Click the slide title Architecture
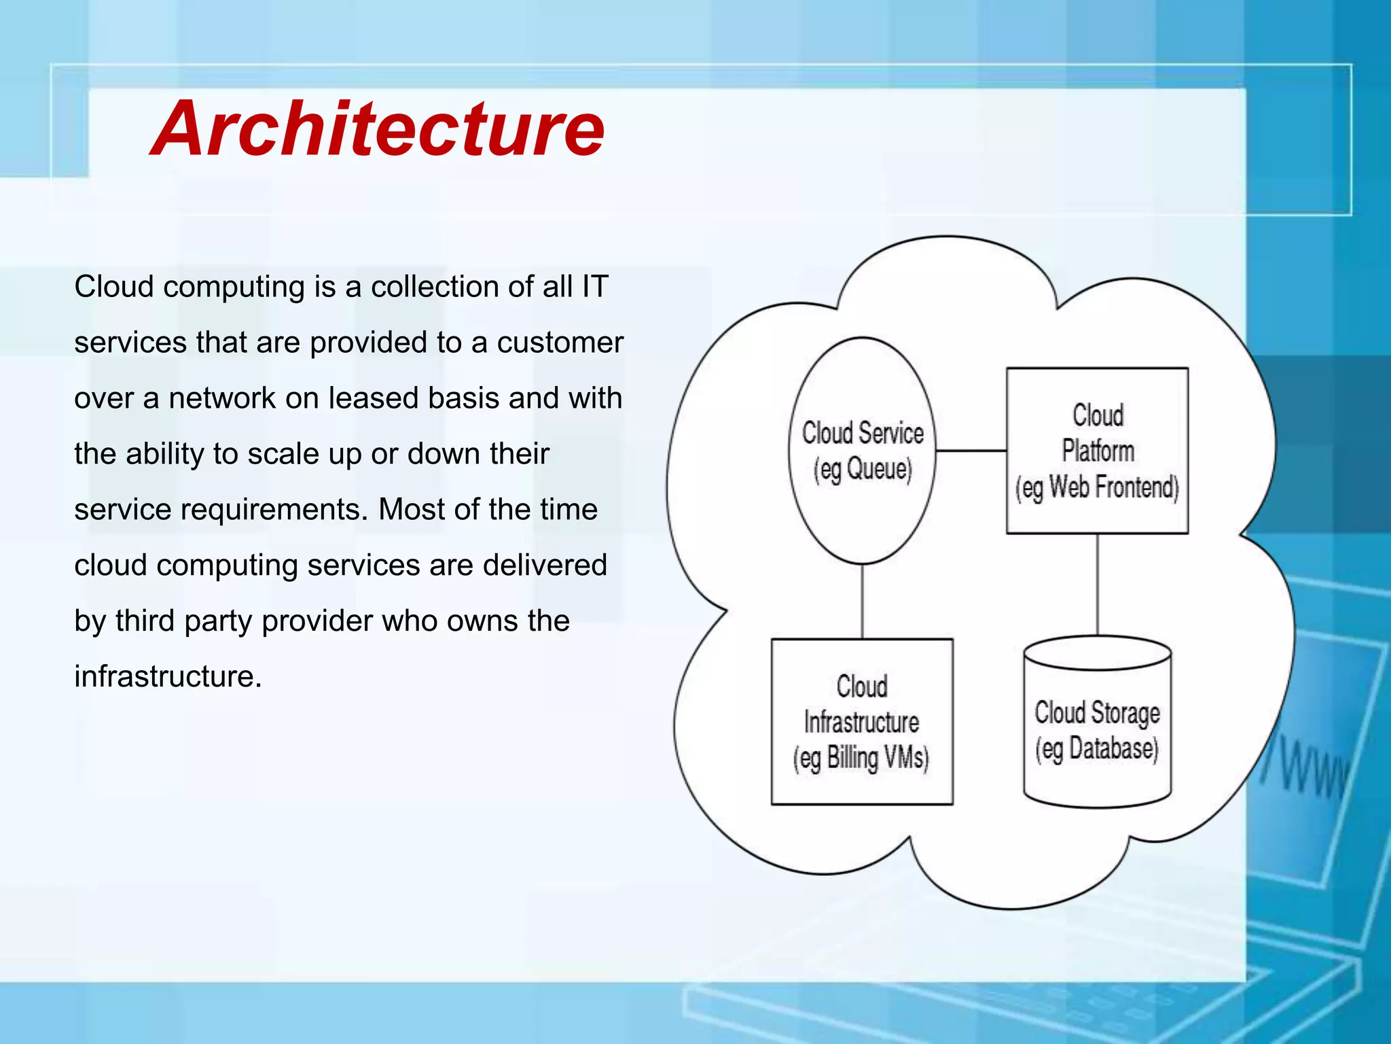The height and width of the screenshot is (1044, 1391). pos(378,129)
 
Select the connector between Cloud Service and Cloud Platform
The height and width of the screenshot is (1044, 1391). pos(971,451)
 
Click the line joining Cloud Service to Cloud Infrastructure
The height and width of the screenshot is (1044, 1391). pos(862,602)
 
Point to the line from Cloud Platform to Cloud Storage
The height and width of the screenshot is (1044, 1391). pos(1098,585)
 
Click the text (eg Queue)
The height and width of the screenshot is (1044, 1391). pos(863,470)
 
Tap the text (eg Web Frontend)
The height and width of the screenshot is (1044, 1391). pos(1097,488)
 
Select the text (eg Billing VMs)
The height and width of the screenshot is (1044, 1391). pos(861,758)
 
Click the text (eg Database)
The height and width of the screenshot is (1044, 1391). pos(1096,749)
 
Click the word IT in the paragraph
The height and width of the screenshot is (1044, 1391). pos(594,286)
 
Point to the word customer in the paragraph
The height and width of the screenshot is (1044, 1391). pos(560,342)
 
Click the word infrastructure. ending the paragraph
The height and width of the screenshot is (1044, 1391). pos(168,676)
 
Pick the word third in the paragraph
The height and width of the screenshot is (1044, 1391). pos(145,621)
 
